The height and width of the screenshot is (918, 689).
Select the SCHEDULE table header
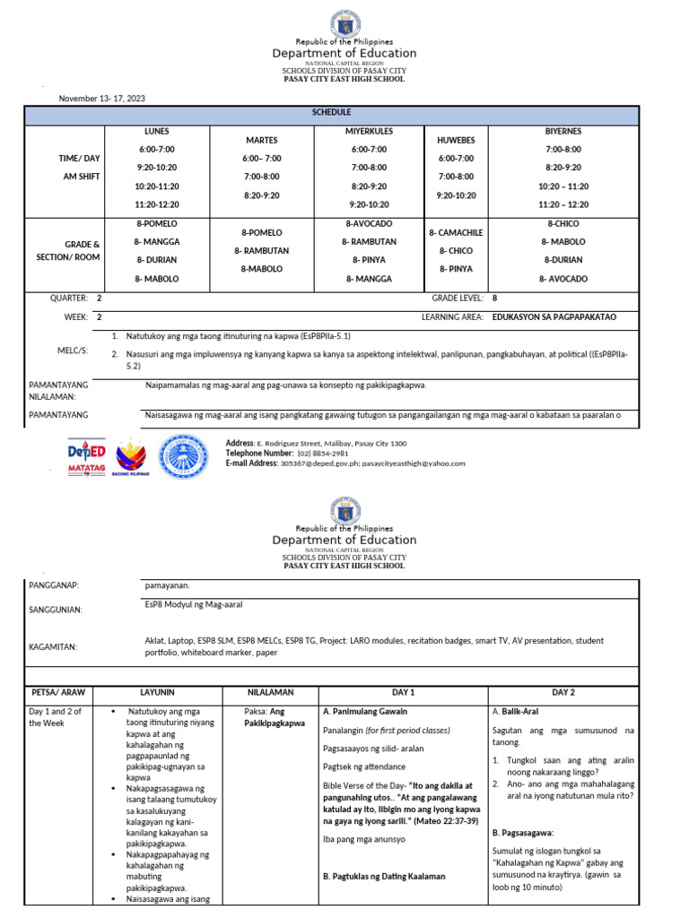pyautogui.click(x=332, y=113)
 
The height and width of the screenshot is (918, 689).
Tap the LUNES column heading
pyautogui.click(x=156, y=132)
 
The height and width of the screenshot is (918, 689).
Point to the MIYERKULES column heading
pyautogui.click(x=369, y=132)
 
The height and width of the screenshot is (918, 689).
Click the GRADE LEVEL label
pyautogui.click(x=458, y=298)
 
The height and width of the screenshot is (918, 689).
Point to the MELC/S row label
pyautogui.click(x=73, y=350)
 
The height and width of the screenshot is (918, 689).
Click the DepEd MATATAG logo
pyautogui.click(x=88, y=456)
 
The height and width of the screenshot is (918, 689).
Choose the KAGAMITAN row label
pyautogui.click(x=53, y=646)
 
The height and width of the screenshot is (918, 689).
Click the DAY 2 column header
pyautogui.click(x=563, y=693)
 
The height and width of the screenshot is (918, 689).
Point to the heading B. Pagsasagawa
pyautogui.click(x=523, y=832)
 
